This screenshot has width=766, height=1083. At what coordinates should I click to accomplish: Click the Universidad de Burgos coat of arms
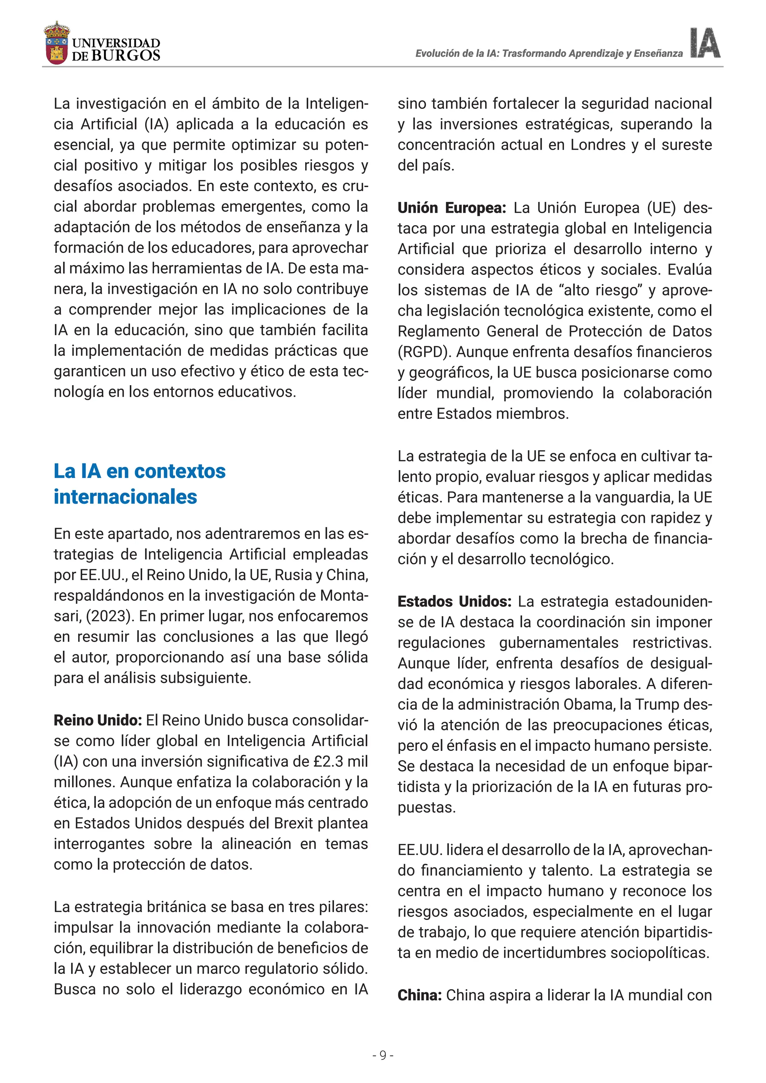[56, 43]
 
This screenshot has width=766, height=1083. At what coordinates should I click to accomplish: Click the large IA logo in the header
[705, 43]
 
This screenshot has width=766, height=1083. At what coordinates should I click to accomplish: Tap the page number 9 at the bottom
[383, 1055]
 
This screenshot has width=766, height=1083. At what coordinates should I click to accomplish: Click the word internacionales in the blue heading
[125, 497]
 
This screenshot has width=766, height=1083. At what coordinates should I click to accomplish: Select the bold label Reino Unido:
[98, 721]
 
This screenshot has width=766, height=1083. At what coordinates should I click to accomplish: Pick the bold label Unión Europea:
[451, 208]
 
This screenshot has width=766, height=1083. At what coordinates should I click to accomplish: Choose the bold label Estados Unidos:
[454, 602]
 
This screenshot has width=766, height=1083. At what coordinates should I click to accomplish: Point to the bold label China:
[419, 995]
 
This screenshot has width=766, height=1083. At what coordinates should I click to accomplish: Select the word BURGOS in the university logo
[125, 56]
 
